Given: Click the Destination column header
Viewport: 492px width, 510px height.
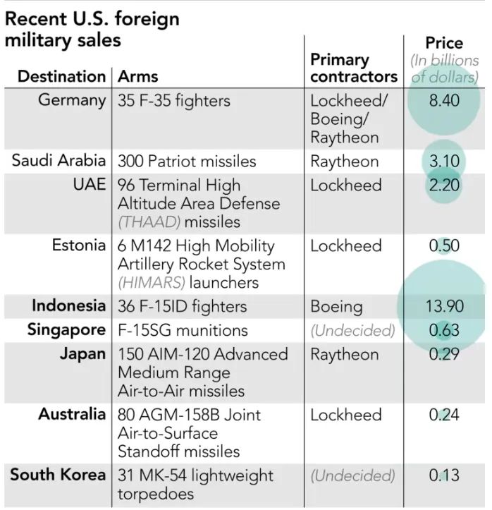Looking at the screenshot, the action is click(62, 76).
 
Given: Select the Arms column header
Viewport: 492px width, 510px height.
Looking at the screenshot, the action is click(137, 76).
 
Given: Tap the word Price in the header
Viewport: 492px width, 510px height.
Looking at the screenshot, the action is click(444, 43).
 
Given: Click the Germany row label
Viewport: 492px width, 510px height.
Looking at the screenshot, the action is click(72, 100).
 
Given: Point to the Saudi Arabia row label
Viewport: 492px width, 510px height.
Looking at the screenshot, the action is click(59, 161).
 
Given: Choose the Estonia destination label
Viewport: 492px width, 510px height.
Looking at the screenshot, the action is click(79, 245).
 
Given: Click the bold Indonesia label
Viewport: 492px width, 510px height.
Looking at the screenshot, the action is click(69, 306).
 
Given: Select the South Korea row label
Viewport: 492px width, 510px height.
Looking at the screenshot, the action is click(59, 475).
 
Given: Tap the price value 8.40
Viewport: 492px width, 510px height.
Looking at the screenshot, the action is click(444, 100).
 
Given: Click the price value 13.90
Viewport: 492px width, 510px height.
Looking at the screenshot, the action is click(445, 306).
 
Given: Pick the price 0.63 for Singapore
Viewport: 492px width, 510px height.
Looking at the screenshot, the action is click(444, 330).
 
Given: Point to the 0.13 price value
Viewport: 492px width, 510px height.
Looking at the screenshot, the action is click(444, 475).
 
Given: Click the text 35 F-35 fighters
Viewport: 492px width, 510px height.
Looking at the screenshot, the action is click(174, 100).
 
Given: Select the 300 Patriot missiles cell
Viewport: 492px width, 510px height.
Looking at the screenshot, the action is click(187, 162).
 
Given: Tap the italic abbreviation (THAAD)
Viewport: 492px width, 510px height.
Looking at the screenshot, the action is click(149, 222).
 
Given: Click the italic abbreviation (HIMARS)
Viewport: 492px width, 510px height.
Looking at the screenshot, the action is click(152, 283).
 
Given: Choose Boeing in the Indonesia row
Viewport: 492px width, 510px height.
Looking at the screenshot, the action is click(336, 307).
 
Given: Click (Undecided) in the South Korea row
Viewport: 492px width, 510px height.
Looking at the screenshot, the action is click(352, 476).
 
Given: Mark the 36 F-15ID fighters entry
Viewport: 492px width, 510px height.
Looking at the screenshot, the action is click(183, 306).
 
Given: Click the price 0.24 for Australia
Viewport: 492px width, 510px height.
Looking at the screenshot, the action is click(444, 415).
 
